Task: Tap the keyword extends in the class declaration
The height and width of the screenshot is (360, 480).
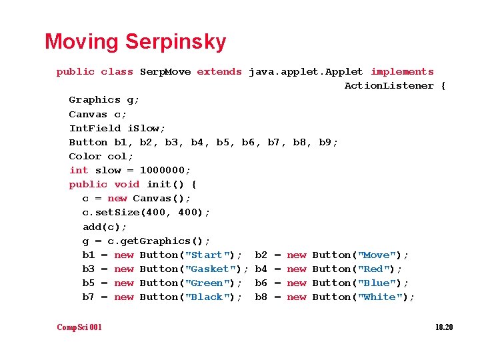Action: click(x=219, y=71)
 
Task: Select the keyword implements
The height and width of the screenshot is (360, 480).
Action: click(x=402, y=71)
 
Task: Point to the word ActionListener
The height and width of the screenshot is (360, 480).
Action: click(x=389, y=85)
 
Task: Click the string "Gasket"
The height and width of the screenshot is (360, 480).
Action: click(x=213, y=269)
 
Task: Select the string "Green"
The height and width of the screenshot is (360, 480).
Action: click(x=209, y=283)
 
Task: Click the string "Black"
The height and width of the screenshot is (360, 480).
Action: click(x=209, y=297)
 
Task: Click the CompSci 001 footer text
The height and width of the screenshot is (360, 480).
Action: click(x=79, y=327)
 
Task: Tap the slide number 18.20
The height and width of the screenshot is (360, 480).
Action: click(x=443, y=327)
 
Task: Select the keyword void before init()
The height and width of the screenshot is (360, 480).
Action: click(x=127, y=184)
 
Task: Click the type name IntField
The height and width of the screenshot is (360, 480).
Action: click(x=95, y=128)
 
